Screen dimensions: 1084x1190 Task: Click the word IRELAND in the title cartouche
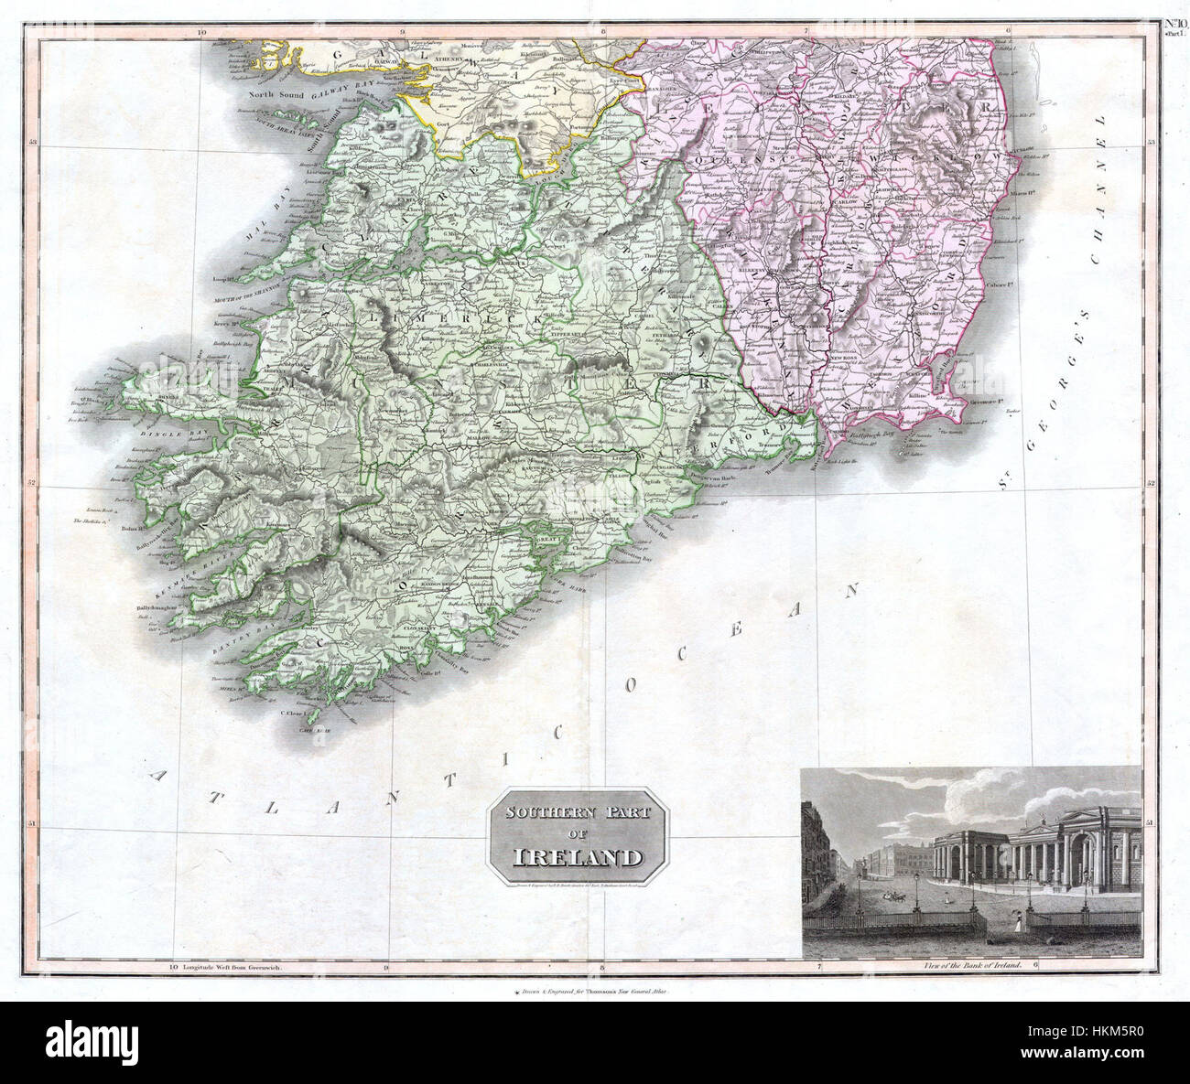(x=576, y=859)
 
